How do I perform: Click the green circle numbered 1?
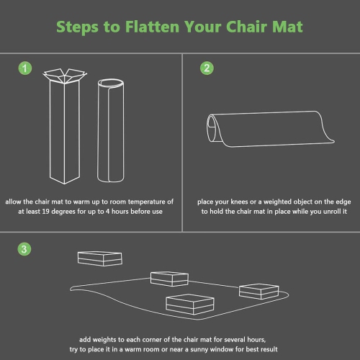click(25, 68)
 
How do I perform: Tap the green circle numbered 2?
click(207, 68)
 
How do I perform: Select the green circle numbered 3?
click(24, 249)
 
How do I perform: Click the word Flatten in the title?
click(152, 27)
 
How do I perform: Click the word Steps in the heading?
click(77, 27)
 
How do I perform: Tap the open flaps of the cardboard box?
click(65, 76)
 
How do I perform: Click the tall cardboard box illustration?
click(65, 126)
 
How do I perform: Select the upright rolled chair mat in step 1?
click(111, 130)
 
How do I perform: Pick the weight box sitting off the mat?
click(100, 258)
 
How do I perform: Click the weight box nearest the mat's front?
click(190, 304)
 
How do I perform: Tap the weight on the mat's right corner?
click(259, 291)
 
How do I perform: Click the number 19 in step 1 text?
click(45, 212)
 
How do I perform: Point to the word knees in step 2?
click(239, 202)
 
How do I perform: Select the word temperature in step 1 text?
click(148, 202)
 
